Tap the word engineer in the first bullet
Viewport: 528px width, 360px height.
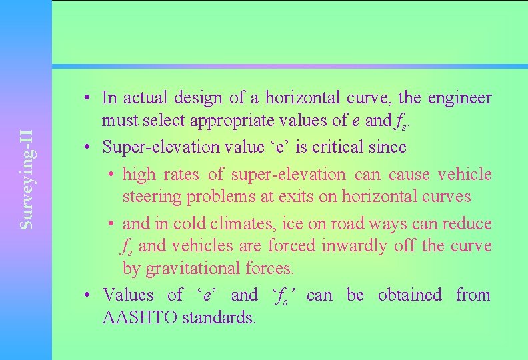coord(460,98)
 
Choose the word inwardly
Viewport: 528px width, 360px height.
coord(354,246)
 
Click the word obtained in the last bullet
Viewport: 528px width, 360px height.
coord(409,295)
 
